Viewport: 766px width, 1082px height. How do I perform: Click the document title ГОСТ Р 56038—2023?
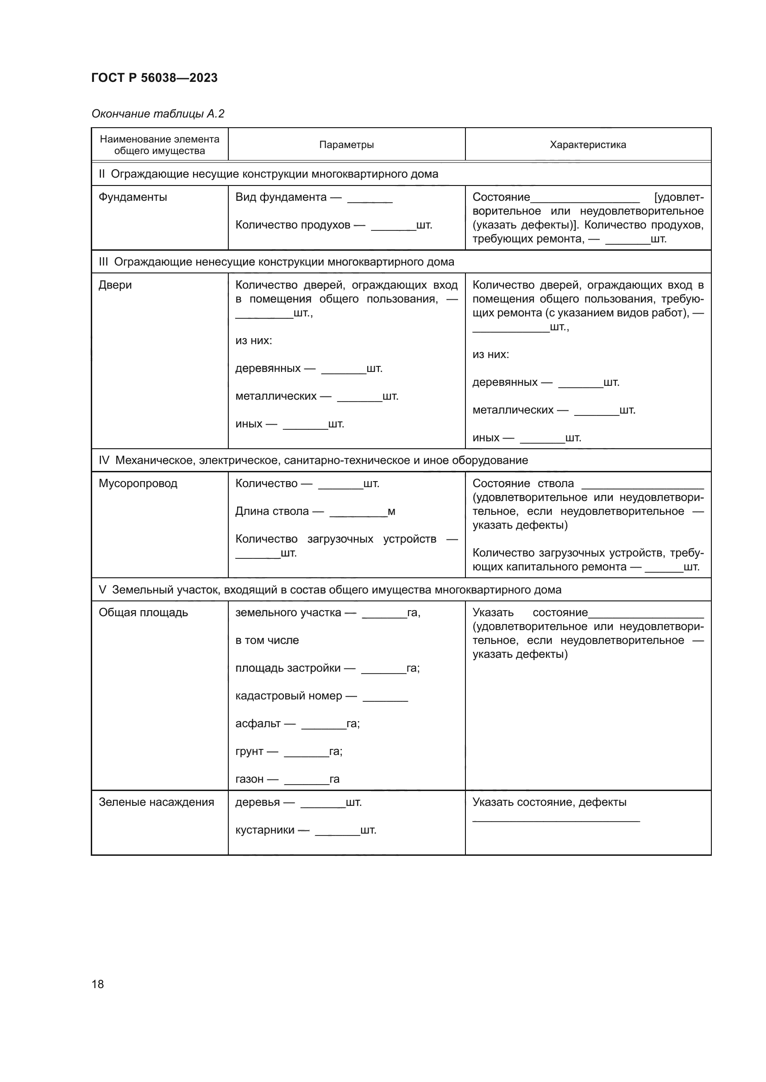[154, 78]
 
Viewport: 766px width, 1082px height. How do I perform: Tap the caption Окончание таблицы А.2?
[157, 114]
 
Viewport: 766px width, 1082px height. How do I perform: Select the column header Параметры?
[346, 145]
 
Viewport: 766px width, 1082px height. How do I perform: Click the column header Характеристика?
[588, 145]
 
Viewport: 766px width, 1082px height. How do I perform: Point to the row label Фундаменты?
[132, 197]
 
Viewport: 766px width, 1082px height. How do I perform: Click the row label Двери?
[115, 285]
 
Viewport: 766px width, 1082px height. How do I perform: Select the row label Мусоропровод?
[138, 483]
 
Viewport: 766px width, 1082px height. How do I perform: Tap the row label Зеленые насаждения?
[156, 802]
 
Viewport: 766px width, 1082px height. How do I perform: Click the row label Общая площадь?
[143, 612]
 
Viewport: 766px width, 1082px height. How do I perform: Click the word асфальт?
[257, 723]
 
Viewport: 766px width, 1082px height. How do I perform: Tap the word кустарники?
[264, 830]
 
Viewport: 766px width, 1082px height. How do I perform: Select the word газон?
[249, 779]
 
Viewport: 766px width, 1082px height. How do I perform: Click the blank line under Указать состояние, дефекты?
[556, 821]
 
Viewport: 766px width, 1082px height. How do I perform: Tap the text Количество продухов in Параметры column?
[292, 225]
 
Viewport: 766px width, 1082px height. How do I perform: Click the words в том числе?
[267, 640]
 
